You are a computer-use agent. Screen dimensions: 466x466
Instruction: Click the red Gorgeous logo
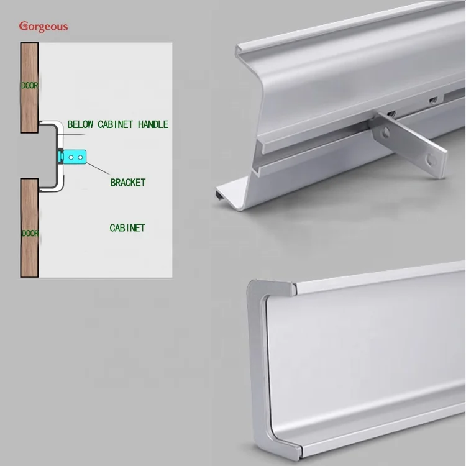point(43,26)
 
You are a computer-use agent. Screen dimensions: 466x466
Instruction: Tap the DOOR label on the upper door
point(29,86)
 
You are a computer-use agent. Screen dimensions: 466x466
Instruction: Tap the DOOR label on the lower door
point(29,233)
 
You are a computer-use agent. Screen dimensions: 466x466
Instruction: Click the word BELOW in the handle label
point(80,124)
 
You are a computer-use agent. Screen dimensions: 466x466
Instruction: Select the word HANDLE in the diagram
point(153,124)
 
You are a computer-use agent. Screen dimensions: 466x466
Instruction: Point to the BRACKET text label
point(127,182)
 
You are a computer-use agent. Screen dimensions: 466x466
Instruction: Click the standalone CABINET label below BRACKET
point(127,228)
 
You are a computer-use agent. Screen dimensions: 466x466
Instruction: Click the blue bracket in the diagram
point(74,158)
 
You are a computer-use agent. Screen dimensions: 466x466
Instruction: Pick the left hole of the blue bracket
point(71,158)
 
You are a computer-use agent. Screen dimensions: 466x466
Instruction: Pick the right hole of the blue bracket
point(80,158)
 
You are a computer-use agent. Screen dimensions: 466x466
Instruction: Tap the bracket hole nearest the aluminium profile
point(386,132)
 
